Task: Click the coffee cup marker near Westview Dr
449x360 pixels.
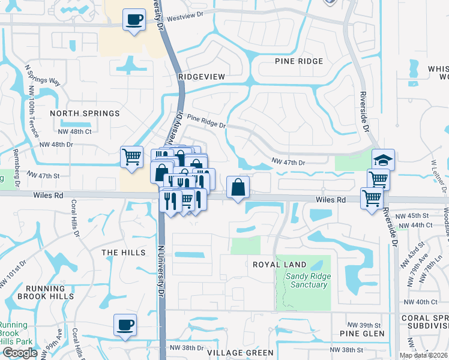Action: click(134, 19)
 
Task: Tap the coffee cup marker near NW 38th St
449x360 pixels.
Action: click(125, 325)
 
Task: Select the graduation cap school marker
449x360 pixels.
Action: click(383, 160)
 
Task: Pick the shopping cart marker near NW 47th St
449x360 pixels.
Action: click(132, 157)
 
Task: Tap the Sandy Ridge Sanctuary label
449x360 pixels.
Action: click(307, 280)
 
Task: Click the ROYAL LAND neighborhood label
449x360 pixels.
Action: click(279, 265)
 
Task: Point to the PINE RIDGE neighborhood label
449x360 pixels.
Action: click(299, 61)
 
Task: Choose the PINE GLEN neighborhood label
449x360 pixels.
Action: click(358, 333)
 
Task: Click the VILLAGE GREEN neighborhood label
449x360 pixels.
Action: click(241, 353)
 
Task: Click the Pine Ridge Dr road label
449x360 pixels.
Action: click(206, 122)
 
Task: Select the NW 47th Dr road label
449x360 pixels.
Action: click(289, 162)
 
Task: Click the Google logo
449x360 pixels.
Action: click(20, 353)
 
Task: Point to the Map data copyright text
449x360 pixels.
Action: click(424, 355)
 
